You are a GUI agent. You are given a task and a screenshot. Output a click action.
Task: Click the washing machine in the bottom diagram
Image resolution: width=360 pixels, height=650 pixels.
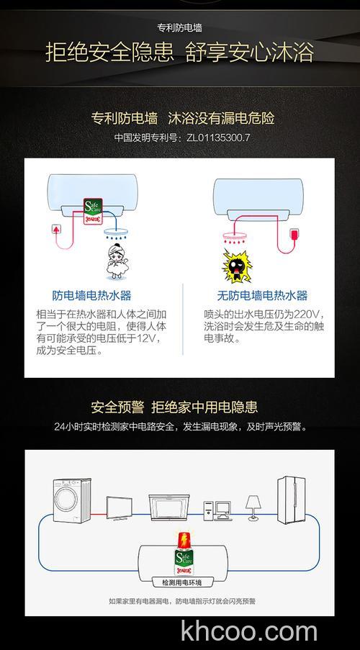coord(69,499)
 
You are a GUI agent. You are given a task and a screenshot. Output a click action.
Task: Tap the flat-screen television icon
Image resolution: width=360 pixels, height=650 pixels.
coord(121,508)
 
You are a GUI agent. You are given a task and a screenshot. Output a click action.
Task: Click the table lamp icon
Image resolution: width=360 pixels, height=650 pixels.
coord(253,505)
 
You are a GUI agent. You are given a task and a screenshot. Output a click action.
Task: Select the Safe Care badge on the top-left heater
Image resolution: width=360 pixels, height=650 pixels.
coord(94,211)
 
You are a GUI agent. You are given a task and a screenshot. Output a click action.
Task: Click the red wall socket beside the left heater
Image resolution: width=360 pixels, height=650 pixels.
coord(53,230)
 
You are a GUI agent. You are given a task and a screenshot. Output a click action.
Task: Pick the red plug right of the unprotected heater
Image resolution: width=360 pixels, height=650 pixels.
coord(294,236)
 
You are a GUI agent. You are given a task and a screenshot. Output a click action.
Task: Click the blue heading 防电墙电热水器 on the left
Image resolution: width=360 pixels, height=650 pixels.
coord(92,296)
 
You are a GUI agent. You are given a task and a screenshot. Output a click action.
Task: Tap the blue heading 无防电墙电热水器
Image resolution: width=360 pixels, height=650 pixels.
coord(262,296)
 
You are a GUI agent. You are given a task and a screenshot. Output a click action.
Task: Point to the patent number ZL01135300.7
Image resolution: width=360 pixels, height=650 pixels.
coord(217,137)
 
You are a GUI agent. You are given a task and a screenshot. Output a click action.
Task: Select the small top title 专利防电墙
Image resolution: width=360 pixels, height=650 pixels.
coord(179,29)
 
